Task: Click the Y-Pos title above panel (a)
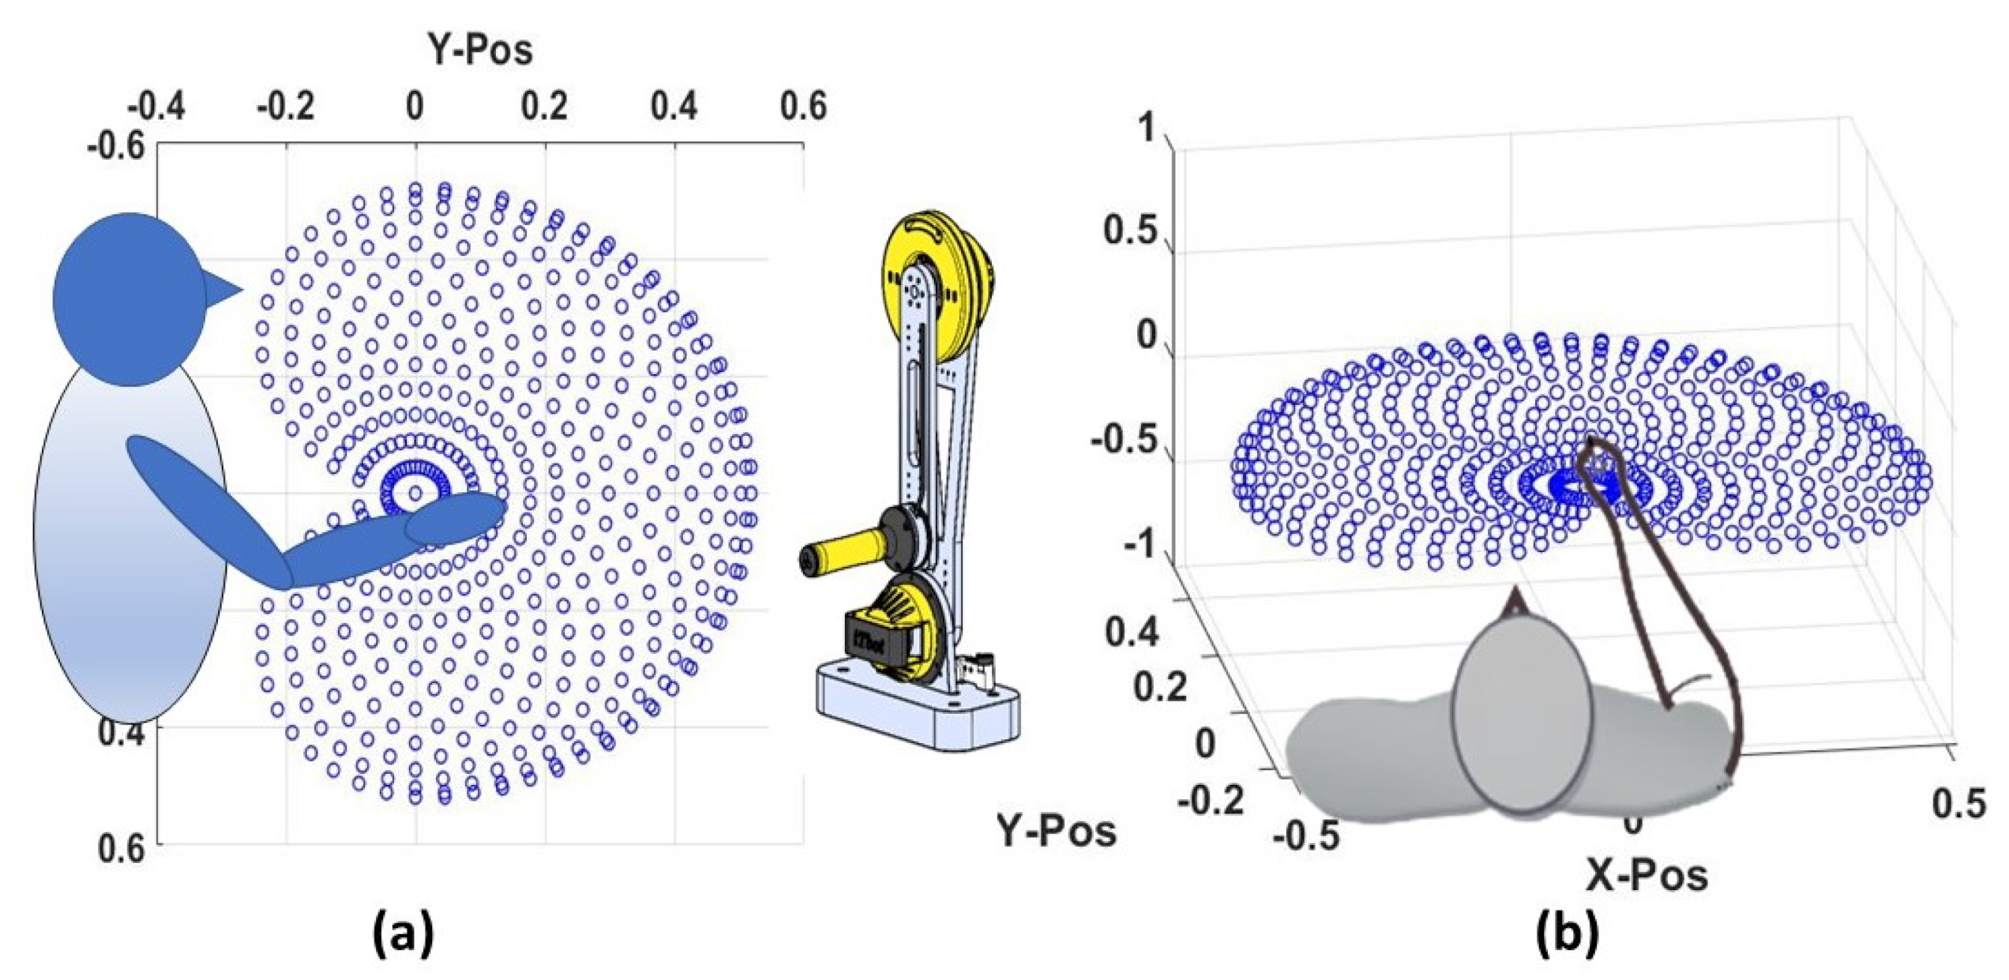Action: [480, 50]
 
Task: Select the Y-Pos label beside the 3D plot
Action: [1057, 831]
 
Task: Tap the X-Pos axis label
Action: [1647, 875]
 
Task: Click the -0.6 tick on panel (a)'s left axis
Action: [116, 146]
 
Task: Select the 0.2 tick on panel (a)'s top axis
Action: [545, 106]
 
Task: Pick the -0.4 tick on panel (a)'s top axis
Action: [156, 106]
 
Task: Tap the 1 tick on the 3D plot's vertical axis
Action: [1147, 128]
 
